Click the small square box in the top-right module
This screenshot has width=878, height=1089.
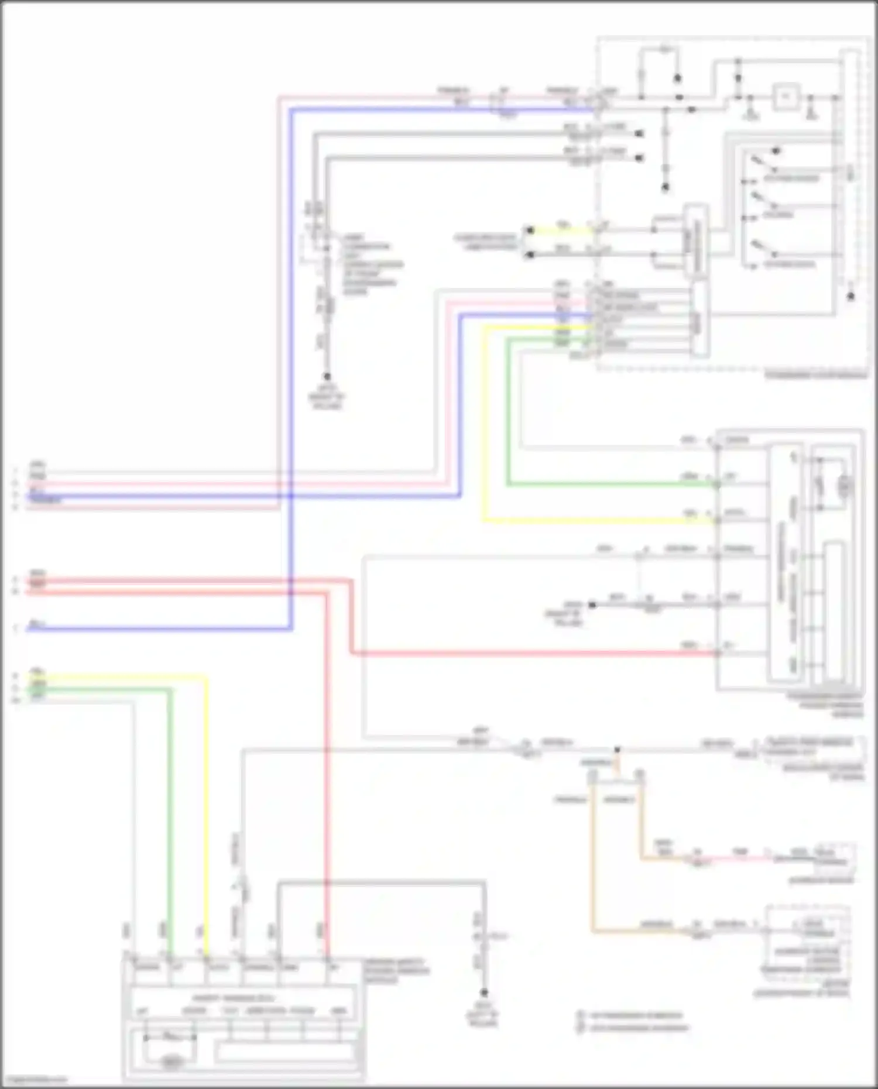point(786,97)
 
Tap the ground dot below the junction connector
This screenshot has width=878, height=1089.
point(327,376)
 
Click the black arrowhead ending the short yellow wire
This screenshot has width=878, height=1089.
point(530,231)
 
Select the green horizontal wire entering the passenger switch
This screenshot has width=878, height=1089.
point(609,485)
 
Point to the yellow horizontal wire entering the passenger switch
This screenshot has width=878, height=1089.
point(597,520)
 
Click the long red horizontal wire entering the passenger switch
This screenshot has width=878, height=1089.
point(527,653)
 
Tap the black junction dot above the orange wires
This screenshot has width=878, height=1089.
point(616,750)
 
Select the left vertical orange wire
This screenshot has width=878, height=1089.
point(593,854)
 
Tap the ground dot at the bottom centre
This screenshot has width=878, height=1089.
point(484,992)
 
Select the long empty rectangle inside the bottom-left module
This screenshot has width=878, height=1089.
point(286,1053)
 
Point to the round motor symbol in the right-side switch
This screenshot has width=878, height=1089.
point(845,485)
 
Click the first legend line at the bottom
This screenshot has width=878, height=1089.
point(635,1015)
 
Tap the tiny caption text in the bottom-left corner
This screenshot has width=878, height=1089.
point(34,1080)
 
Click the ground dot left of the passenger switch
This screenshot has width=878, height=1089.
point(592,604)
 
